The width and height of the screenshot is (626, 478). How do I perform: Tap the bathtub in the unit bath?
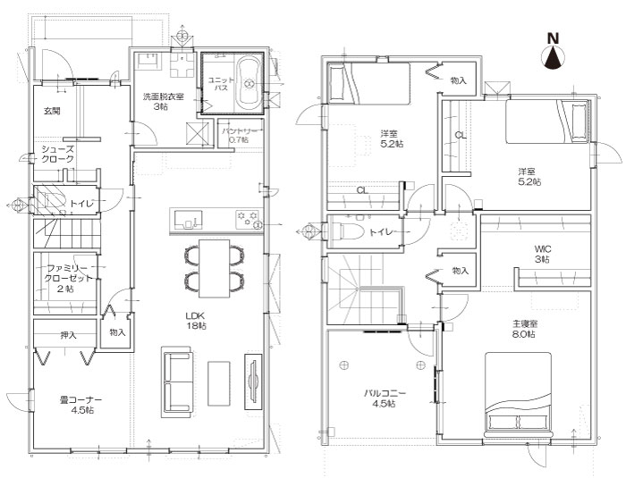point(249,84)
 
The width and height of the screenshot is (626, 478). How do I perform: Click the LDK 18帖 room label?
point(196,321)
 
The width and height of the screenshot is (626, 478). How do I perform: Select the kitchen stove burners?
point(247,220)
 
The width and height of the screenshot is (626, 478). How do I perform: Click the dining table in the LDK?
point(215,268)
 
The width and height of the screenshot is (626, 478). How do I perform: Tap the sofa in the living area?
point(177,382)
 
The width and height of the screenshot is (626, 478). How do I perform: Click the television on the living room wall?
point(253,381)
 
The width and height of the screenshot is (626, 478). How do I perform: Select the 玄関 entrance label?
point(52,111)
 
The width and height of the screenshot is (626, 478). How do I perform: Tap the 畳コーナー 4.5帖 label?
point(80,405)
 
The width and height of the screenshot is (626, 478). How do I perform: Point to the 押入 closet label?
point(68,336)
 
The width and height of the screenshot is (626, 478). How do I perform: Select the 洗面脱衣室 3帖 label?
point(164,101)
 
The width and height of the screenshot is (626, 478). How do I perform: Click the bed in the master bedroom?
point(518,394)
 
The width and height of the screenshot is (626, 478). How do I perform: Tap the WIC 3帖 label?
point(543,254)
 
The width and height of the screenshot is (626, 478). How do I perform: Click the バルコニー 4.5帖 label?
point(385,398)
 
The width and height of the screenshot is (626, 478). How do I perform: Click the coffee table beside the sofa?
point(219,383)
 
